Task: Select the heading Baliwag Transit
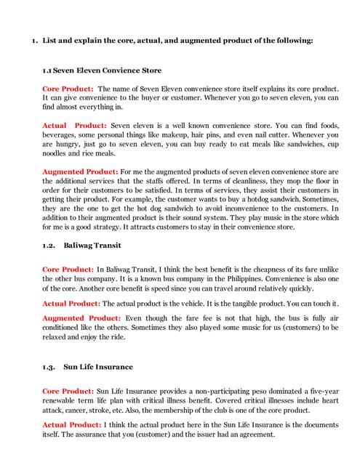(91, 246)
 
